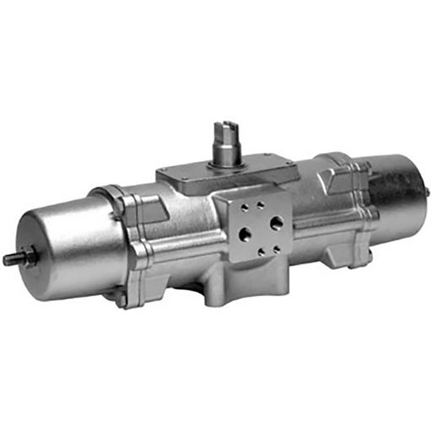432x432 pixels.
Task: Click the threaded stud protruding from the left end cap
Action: pos(11,259)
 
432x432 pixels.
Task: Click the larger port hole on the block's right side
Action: pos(277,224)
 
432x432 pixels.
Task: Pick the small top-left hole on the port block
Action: pos(243,208)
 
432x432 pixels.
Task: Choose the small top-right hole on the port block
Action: pos(267,202)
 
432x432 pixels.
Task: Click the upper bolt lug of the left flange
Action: pos(119,201)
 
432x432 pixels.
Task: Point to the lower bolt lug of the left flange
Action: pos(123,296)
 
